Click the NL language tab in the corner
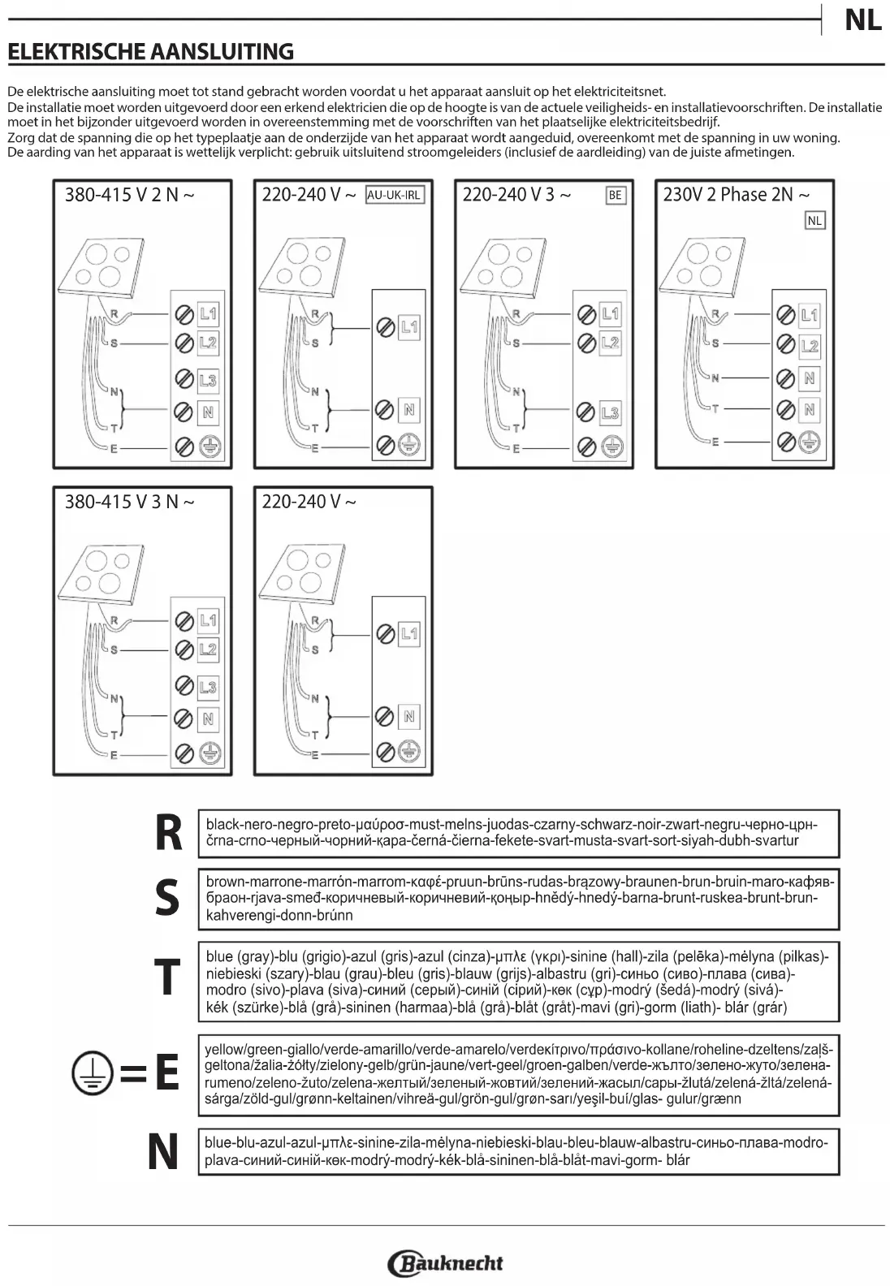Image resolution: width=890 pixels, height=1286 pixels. coord(862,20)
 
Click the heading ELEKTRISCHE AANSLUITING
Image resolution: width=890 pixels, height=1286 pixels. coord(151,52)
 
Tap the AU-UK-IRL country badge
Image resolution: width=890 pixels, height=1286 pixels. coord(395,195)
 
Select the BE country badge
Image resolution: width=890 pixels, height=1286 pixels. coord(616,195)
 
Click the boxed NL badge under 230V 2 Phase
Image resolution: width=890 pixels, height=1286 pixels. coord(814,220)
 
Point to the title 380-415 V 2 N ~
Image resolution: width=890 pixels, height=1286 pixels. coord(130,195)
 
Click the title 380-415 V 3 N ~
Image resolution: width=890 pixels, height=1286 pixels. coord(130,502)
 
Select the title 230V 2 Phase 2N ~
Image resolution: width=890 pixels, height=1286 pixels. coord(736,195)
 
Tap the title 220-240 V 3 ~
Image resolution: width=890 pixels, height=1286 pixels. coord(516,195)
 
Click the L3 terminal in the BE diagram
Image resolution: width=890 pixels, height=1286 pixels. coord(610,413)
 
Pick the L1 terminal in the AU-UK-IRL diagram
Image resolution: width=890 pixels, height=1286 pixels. coord(409,327)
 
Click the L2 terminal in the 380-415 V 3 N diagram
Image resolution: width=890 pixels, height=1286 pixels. coord(208,649)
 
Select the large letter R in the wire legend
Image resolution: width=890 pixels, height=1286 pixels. coord(168,833)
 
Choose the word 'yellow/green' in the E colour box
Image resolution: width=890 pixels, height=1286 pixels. coord(244,1049)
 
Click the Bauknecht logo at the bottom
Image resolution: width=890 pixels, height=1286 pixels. coord(446,1263)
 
